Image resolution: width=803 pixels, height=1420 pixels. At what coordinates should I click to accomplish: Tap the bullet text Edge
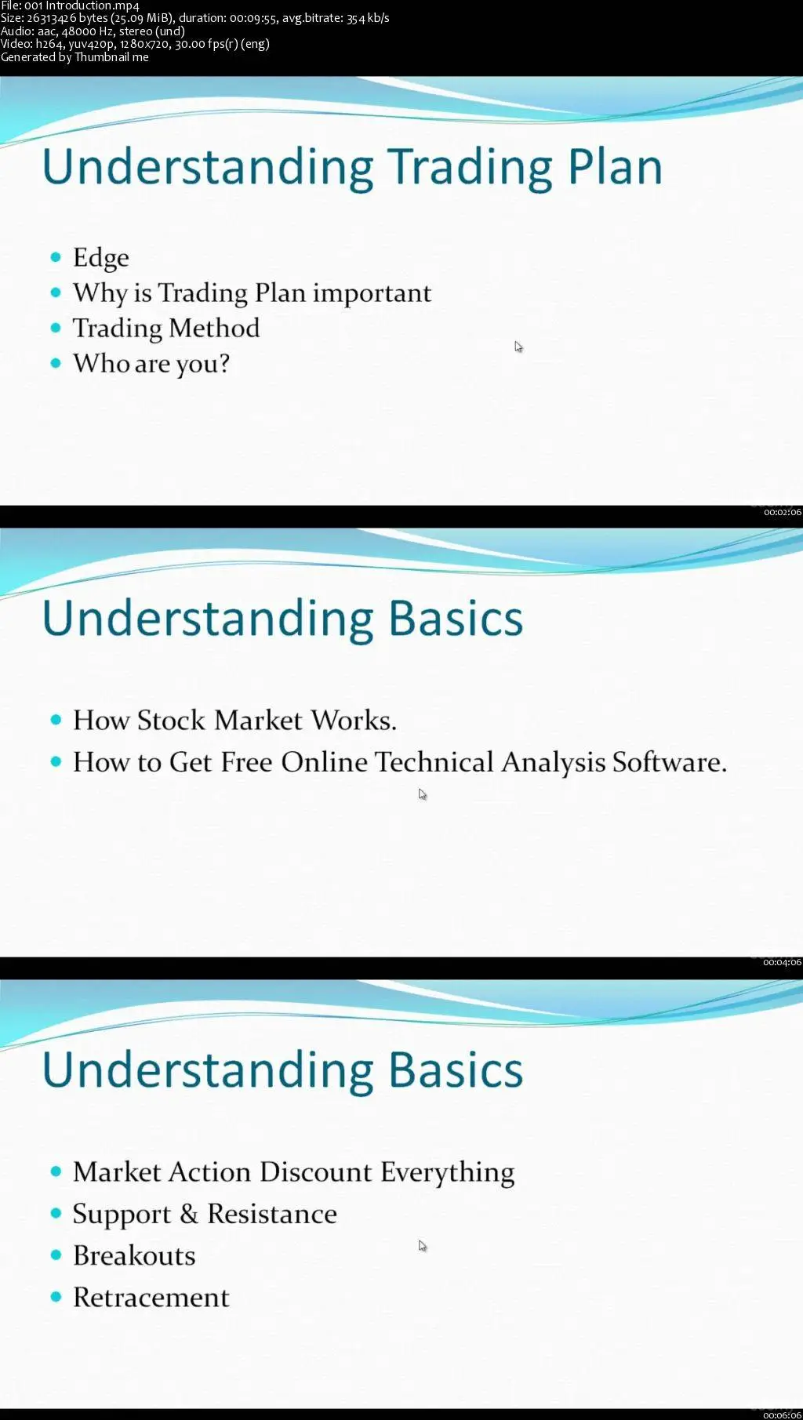click(101, 258)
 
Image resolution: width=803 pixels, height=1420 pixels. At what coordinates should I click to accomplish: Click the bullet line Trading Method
click(166, 328)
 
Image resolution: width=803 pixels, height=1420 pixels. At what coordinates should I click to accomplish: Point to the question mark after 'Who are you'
click(223, 362)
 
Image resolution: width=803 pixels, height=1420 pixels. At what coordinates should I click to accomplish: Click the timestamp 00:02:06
click(783, 512)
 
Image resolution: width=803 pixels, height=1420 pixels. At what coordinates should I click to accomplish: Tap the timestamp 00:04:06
click(783, 962)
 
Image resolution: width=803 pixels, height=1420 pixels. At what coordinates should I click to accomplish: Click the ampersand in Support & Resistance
click(189, 1214)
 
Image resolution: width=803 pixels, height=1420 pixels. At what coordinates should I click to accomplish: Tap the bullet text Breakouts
click(134, 1255)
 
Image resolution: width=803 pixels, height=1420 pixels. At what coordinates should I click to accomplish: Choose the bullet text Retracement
click(151, 1297)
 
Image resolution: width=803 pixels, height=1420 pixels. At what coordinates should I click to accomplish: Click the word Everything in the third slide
click(448, 1172)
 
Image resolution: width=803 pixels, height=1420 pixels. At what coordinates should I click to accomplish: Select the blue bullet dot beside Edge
click(56, 257)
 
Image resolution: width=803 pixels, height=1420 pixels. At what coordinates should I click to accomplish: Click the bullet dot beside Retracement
click(56, 1297)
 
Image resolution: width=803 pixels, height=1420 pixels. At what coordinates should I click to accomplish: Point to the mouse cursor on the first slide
click(518, 347)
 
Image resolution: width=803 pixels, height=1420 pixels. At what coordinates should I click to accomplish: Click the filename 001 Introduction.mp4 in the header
click(82, 5)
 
